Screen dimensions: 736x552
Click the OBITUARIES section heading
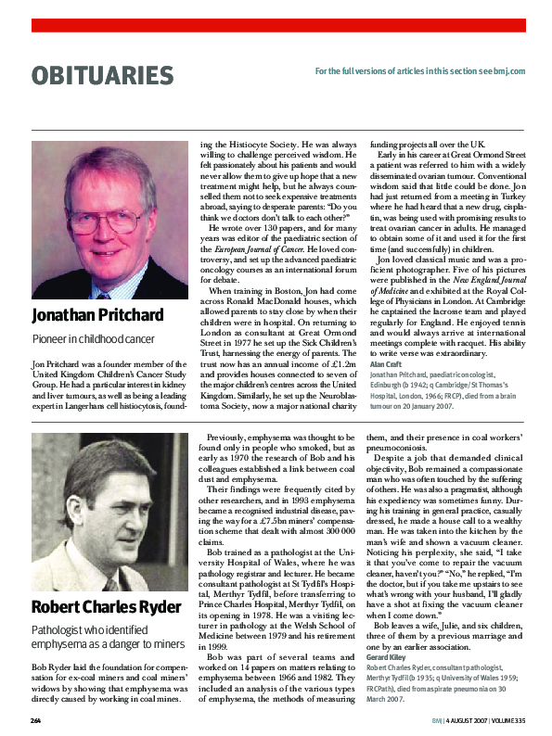tap(102, 76)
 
